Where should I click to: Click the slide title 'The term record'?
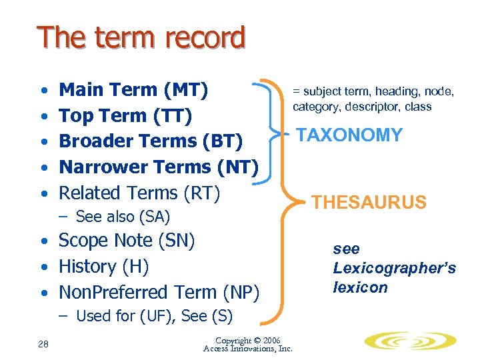point(141,39)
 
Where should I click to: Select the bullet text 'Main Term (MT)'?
point(134,89)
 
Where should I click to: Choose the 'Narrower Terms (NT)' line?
point(159,167)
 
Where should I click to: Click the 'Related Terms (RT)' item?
point(139,193)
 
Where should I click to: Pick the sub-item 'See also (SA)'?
point(123,217)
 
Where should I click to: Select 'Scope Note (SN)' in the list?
point(127,240)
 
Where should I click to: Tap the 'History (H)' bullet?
point(103,266)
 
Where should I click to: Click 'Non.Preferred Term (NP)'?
point(159,292)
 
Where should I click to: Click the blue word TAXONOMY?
point(349,135)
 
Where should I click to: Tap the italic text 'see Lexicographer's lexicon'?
point(394,268)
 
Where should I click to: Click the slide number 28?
point(43,343)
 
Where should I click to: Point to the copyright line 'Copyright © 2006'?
point(248,340)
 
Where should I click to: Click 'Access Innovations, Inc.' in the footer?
point(248,349)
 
